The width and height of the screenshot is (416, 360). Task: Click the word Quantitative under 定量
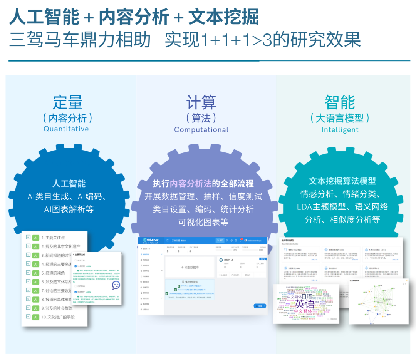click(x=66, y=129)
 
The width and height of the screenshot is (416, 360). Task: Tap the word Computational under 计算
click(x=201, y=130)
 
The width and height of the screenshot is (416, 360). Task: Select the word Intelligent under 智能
click(x=340, y=130)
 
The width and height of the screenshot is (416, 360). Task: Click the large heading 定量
click(x=67, y=103)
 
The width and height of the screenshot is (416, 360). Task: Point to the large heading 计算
click(x=201, y=103)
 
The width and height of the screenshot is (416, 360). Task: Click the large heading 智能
click(x=340, y=103)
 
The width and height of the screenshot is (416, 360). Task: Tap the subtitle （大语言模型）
click(x=340, y=118)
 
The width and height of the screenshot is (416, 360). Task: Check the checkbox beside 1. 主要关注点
click(x=28, y=237)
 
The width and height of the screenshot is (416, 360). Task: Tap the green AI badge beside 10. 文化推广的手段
click(x=35, y=317)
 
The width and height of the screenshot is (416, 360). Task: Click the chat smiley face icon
click(x=116, y=285)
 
